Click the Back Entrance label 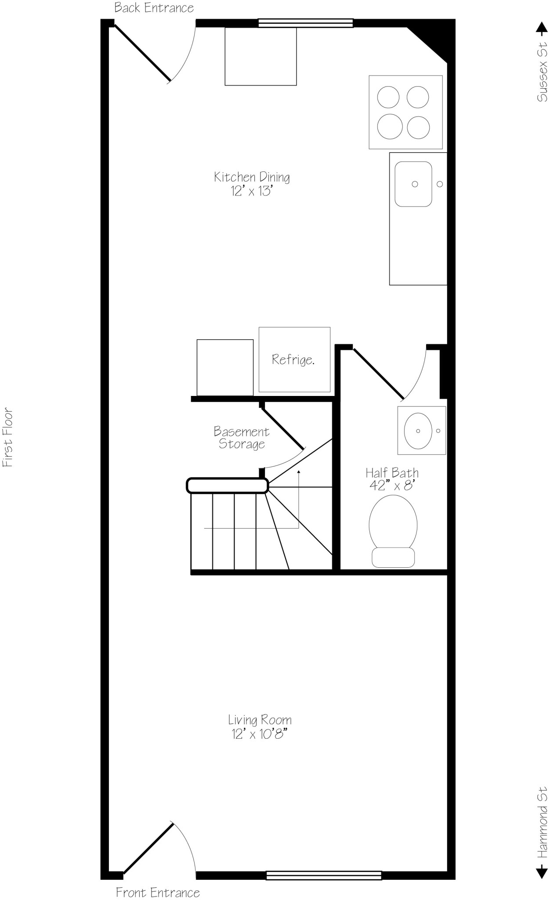[x=154, y=8]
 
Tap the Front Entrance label [x=158, y=892]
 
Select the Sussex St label [x=542, y=71]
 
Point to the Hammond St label [x=543, y=821]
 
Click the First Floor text [x=8, y=438]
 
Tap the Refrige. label [x=293, y=359]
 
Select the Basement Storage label [x=241, y=438]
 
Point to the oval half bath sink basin [x=417, y=431]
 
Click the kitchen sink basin [x=413, y=184]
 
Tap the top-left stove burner [x=388, y=97]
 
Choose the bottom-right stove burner [x=418, y=127]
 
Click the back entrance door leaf [x=142, y=53]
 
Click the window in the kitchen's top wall [x=305, y=23]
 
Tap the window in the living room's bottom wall [x=324, y=875]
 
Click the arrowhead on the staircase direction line [x=299, y=472]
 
